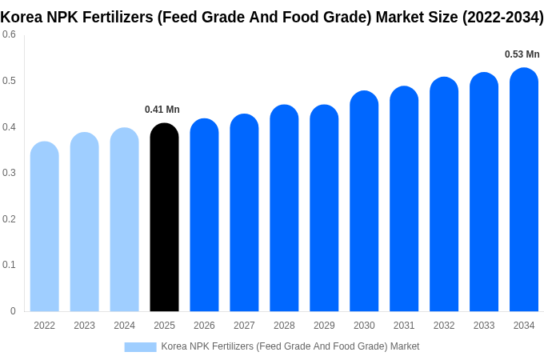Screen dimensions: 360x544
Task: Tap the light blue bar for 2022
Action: (45, 227)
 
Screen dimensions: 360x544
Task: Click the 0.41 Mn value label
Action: (162, 110)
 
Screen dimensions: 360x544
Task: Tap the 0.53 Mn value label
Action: (522, 54)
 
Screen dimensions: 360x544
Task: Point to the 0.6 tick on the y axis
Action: (9, 34)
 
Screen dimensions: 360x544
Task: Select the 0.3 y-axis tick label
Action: (9, 173)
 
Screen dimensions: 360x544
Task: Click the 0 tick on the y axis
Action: (13, 311)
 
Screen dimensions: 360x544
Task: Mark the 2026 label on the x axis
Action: (204, 326)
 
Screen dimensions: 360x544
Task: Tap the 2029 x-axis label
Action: (324, 326)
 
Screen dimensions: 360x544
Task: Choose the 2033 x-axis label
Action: (484, 326)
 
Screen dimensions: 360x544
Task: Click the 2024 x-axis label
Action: (124, 326)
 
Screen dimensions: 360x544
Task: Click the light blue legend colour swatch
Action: (140, 346)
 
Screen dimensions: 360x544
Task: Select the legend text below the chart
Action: (290, 346)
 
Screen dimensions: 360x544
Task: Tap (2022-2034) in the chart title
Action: (502, 17)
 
